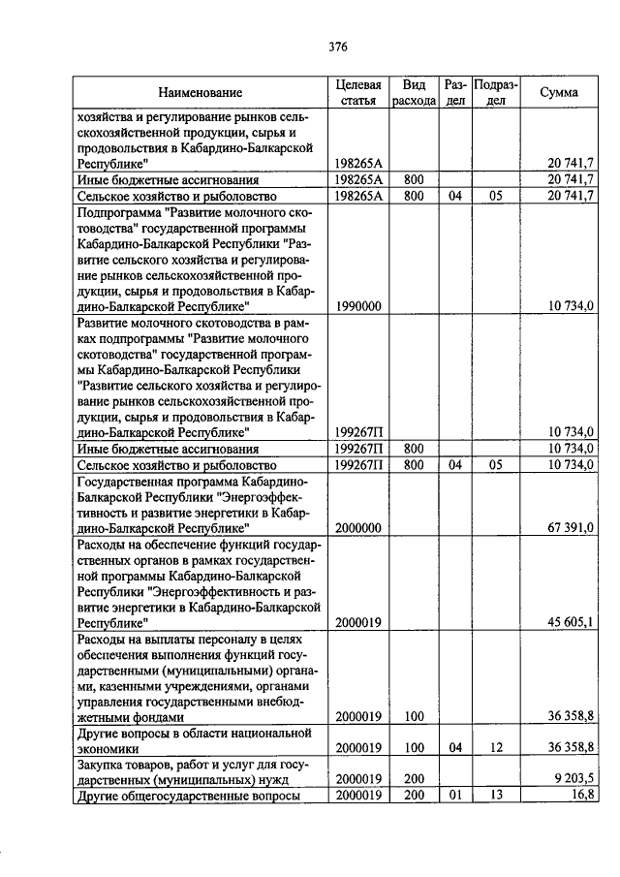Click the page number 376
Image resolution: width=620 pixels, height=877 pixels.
(337, 46)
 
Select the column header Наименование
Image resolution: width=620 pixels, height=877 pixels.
(201, 92)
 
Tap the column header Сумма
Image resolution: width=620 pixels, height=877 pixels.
(559, 92)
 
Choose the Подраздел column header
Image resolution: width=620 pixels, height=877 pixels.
(495, 92)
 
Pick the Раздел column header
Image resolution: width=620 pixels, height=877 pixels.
(455, 92)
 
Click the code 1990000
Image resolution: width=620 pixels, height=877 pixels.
(357, 306)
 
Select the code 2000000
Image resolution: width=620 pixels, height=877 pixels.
(357, 528)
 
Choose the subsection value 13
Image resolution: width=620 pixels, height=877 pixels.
(495, 796)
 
